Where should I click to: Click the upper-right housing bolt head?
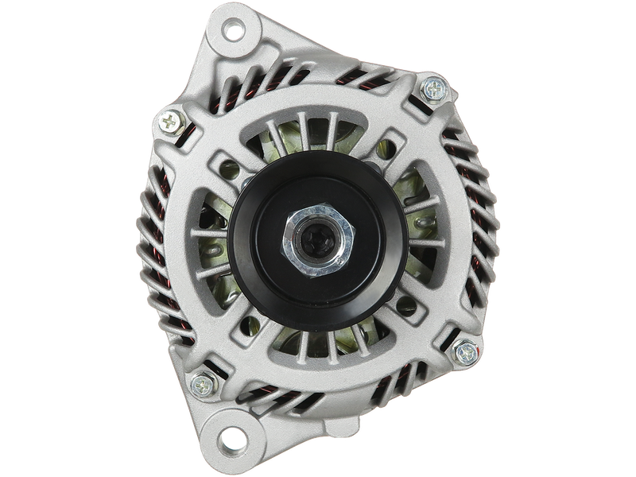tap(435, 89)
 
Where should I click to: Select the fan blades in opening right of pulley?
tap(421, 231)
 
